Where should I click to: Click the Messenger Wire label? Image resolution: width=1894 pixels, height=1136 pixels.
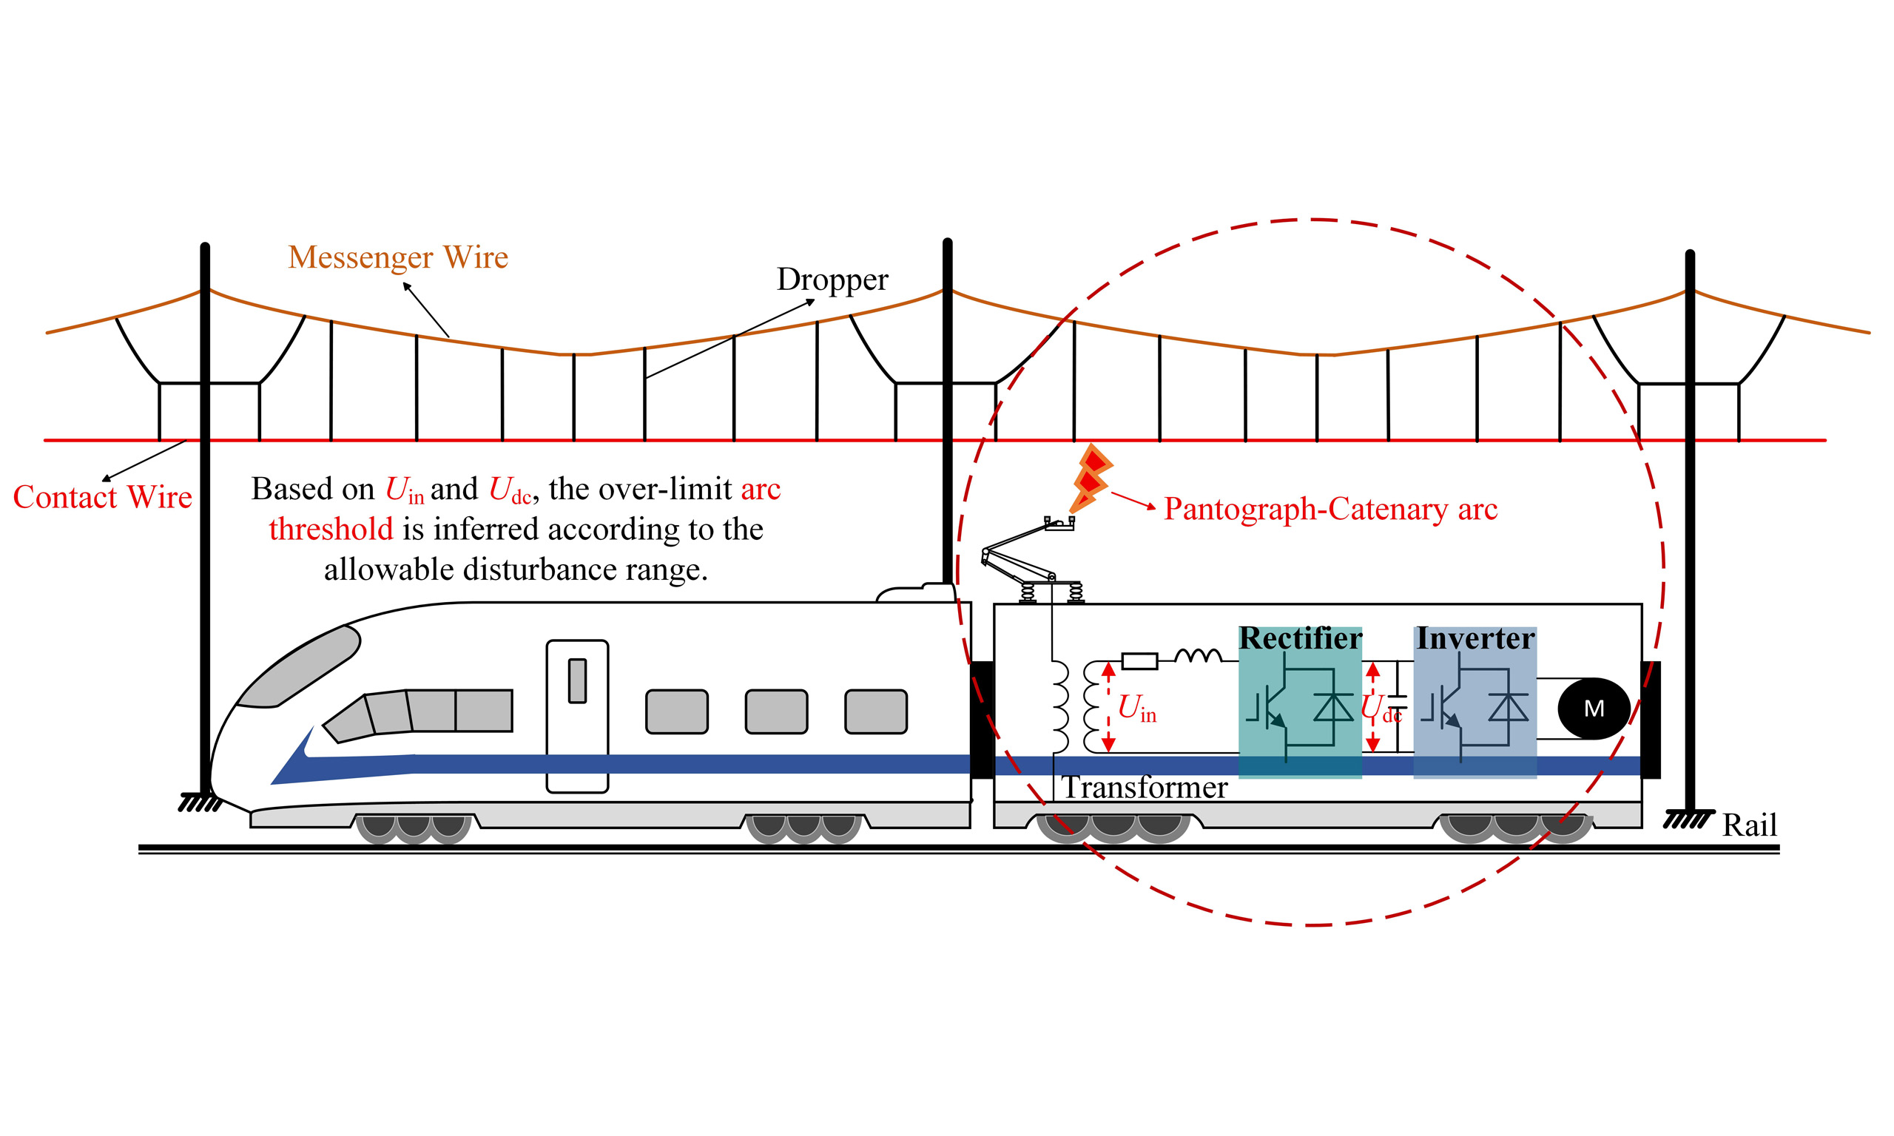397,257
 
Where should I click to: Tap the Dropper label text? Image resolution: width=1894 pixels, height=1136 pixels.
832,280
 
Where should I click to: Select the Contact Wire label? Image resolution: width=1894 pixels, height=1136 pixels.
103,497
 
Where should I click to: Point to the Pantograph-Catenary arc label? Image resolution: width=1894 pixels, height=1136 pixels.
1329,509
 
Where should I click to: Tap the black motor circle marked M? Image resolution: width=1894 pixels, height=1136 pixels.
1593,708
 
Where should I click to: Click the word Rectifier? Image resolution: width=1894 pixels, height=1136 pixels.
1300,638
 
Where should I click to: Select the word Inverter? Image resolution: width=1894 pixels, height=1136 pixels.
1475,638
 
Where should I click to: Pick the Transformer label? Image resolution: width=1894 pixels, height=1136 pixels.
1145,788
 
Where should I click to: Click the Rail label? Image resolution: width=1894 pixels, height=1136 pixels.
1748,825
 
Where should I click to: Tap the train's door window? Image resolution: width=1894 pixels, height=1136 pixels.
577,680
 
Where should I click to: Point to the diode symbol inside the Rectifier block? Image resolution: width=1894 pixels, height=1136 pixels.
1333,706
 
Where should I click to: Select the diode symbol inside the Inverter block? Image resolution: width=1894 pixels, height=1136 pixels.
1507,706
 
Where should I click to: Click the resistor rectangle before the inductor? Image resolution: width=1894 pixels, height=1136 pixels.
1139,660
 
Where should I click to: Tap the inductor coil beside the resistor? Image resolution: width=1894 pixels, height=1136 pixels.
1198,656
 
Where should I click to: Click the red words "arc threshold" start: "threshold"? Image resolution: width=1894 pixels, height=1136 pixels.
331,530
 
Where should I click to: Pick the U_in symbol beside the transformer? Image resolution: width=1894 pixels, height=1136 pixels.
1136,708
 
